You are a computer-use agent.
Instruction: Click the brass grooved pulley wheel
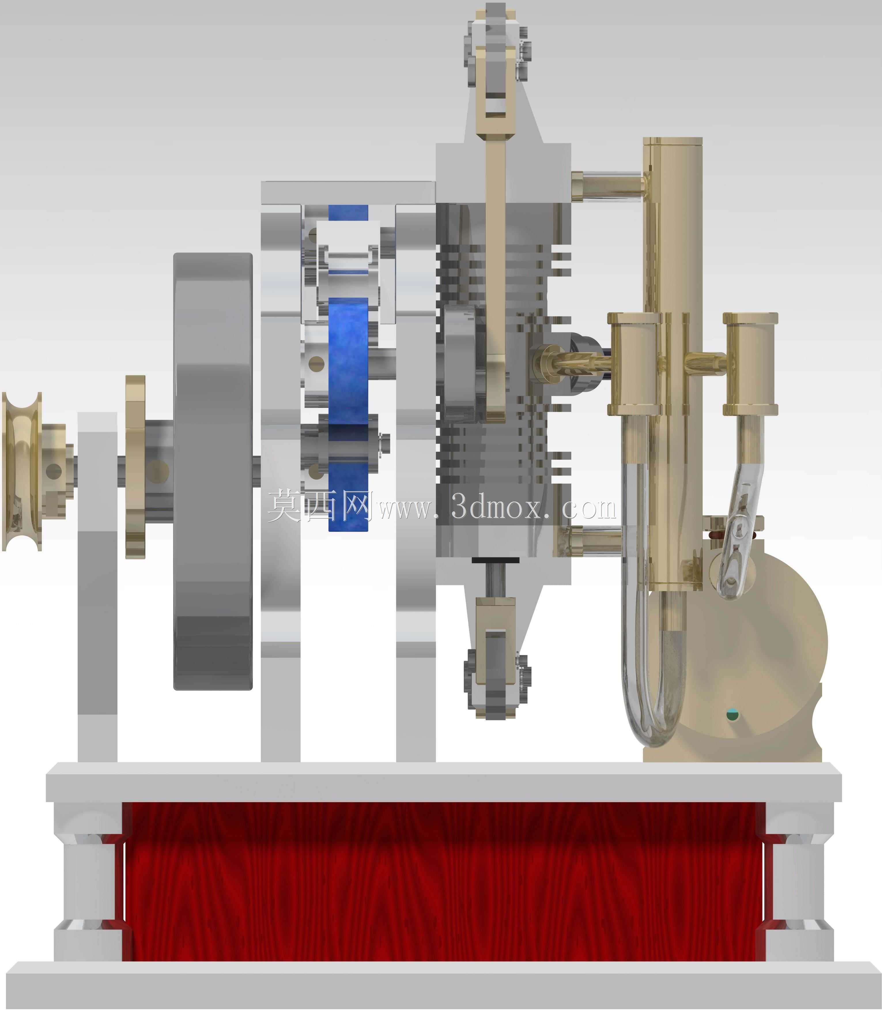tap(22, 472)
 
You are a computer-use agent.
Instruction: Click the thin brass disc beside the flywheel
tap(135, 467)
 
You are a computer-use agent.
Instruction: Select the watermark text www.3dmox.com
tap(497, 507)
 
